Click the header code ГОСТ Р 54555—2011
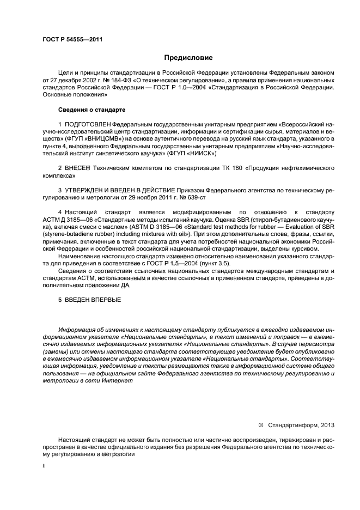[72, 40]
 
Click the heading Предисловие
[188, 57]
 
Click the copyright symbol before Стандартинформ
[260, 424]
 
